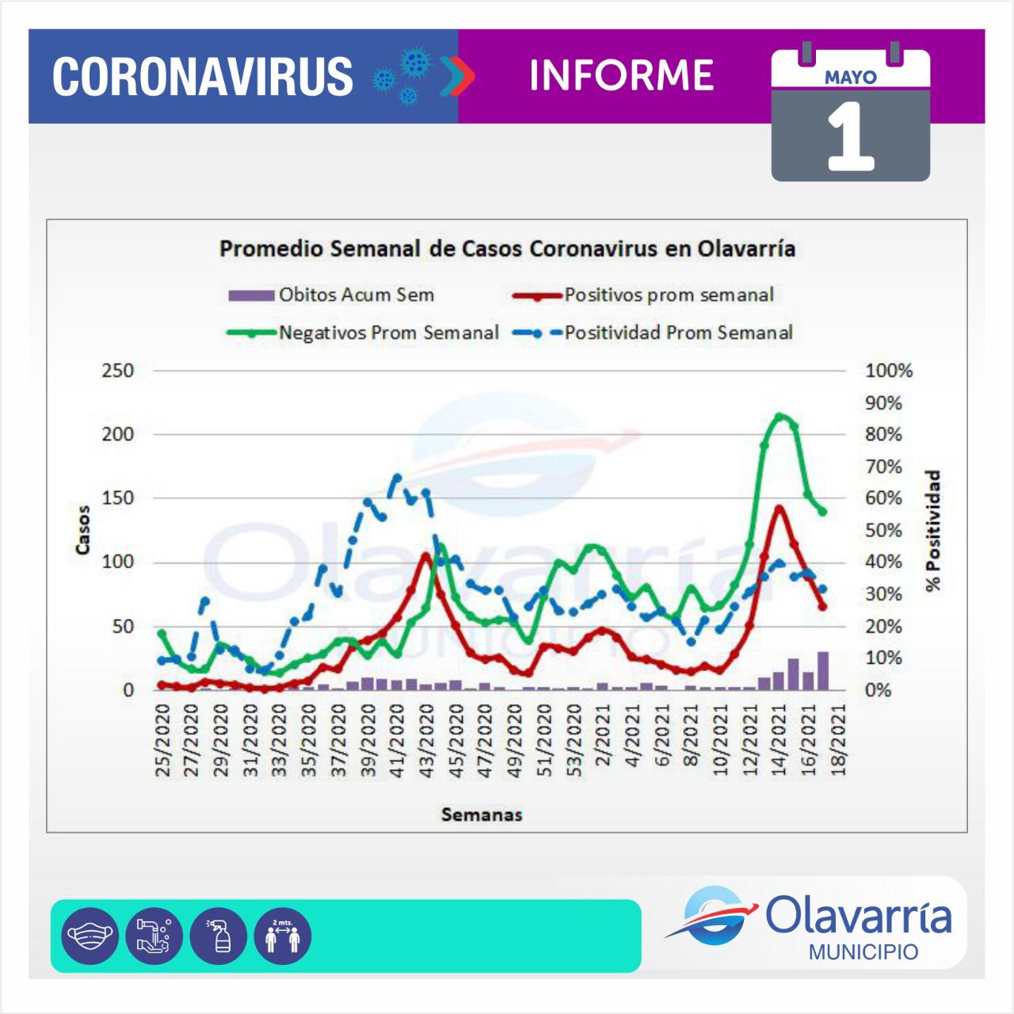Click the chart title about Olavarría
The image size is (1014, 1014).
click(x=507, y=249)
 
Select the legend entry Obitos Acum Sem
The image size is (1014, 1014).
click(x=356, y=295)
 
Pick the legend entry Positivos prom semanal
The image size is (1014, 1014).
click(x=669, y=295)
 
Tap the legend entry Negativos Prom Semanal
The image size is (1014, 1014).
click(x=388, y=333)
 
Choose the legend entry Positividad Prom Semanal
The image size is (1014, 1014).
click(x=678, y=333)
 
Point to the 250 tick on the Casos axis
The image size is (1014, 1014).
click(x=117, y=371)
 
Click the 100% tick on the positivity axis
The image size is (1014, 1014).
click(x=889, y=371)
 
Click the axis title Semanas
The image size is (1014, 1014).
click(x=482, y=814)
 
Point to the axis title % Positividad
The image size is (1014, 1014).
click(x=935, y=531)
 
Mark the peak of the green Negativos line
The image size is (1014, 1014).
click(x=780, y=416)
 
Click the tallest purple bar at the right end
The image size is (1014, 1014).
click(x=823, y=670)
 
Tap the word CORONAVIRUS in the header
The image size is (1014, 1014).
click(x=203, y=76)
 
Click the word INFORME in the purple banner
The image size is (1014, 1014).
click(x=622, y=75)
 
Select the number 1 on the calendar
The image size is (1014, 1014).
click(x=850, y=138)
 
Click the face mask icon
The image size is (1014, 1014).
click(x=90, y=936)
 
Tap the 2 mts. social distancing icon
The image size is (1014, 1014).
click(x=283, y=936)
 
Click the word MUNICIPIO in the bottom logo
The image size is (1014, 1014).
click(x=863, y=951)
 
